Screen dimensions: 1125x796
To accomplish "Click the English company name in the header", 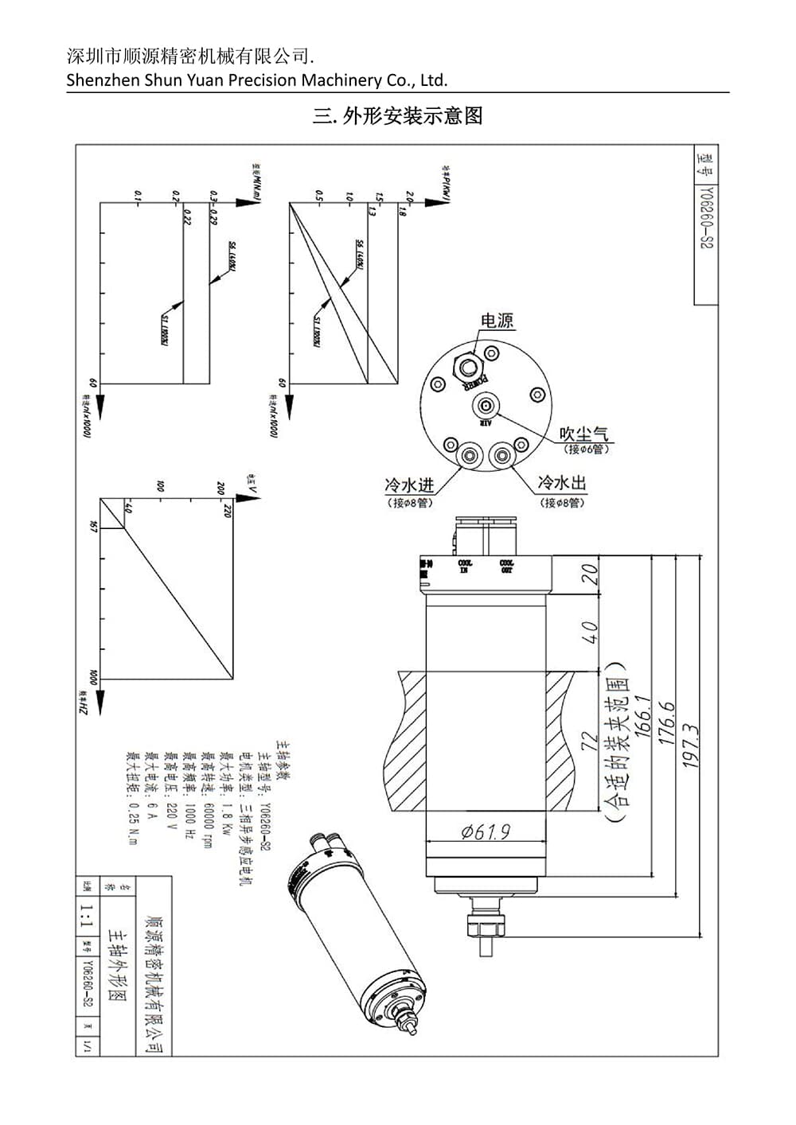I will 257,80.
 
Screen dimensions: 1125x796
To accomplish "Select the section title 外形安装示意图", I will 398,116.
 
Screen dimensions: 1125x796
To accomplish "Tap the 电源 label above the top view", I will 497,321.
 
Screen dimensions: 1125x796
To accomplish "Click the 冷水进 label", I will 409,485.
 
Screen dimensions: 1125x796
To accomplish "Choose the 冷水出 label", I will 562,483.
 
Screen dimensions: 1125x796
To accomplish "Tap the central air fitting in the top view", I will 486,407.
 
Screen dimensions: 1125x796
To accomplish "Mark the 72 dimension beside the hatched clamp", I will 590,742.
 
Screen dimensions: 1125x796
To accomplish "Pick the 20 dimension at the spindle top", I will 589,574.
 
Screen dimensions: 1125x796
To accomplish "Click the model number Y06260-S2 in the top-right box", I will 705,219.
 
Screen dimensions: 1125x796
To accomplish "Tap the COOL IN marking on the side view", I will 464,566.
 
